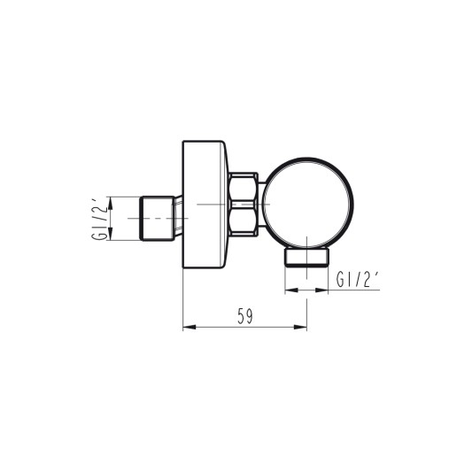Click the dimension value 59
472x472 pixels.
click(x=245, y=316)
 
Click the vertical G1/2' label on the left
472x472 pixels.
click(x=99, y=218)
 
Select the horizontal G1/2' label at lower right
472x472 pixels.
click(x=359, y=279)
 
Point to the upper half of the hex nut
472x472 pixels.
click(x=244, y=188)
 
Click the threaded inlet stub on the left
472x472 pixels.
click(x=158, y=218)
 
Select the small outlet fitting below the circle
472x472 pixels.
click(x=307, y=257)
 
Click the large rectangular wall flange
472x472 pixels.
click(x=205, y=205)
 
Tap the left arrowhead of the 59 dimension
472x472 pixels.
click(x=189, y=327)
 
